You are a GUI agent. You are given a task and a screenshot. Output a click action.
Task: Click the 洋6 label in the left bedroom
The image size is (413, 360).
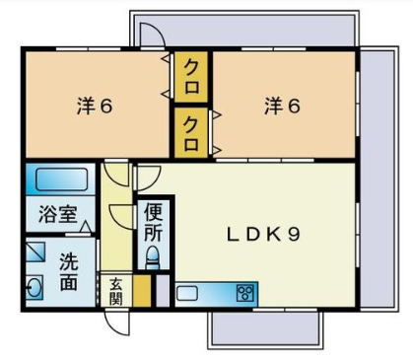tap(95, 106)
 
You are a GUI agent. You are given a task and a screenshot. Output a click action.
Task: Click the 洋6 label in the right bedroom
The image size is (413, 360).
tap(282, 106)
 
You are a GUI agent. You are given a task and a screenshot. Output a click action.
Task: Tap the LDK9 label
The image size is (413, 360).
tap(264, 235)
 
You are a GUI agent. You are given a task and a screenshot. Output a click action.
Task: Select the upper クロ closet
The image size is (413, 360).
tap(191, 77)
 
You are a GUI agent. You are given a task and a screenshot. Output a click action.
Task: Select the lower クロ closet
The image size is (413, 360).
tap(191, 133)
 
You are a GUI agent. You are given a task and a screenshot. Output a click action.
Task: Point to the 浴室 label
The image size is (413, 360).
tap(58, 214)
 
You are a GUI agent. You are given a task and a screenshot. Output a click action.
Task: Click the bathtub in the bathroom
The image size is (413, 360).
tap(61, 180)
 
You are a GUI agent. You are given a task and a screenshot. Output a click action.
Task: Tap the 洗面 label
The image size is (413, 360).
tap(69, 272)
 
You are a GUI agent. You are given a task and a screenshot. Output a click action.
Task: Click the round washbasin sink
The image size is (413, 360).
tap(34, 287)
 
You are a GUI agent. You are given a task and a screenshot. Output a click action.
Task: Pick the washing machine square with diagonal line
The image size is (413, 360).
tap(35, 252)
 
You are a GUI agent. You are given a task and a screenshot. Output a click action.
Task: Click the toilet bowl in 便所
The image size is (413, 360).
tap(153, 256)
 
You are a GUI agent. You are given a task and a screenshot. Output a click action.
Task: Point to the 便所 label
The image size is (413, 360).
tap(153, 223)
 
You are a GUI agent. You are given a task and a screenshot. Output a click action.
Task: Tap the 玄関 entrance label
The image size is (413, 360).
tap(116, 291)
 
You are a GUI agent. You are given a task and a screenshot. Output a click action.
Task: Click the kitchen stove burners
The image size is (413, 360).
tap(245, 293)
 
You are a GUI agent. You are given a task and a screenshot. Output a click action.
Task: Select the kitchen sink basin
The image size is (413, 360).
tap(187, 293)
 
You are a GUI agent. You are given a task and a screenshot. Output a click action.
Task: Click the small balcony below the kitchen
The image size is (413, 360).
tap(265, 330)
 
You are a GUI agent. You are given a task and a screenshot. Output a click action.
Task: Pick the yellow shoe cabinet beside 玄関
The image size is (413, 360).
tap(142, 291)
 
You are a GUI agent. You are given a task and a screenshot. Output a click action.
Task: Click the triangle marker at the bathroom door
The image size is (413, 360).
tap(86, 227)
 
